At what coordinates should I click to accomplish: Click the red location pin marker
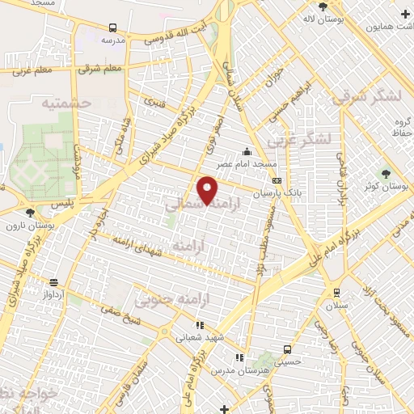click(x=208, y=191)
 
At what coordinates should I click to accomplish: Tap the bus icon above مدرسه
click(x=112, y=26)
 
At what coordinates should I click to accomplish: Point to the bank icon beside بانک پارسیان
click(x=277, y=181)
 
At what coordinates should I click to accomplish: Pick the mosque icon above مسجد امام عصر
click(x=247, y=152)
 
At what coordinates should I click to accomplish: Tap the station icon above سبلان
click(x=336, y=292)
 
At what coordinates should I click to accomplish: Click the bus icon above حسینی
click(x=287, y=349)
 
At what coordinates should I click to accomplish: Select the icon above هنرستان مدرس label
click(x=239, y=357)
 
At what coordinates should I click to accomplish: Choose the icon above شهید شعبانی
click(x=200, y=325)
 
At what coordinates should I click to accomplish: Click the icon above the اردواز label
click(x=53, y=282)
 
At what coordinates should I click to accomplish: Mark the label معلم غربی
click(x=33, y=70)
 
